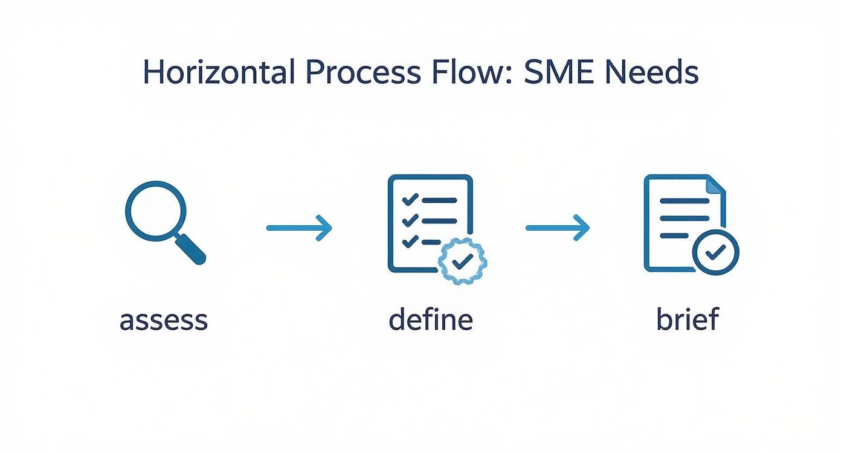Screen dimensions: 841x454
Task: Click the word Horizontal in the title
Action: tap(219, 72)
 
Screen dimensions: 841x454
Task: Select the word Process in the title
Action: tap(363, 72)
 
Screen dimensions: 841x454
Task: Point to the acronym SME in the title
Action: tap(559, 72)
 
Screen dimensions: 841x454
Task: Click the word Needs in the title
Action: tap(652, 72)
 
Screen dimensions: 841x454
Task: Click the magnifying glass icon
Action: tap(165, 223)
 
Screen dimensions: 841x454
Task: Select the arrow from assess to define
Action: tap(299, 228)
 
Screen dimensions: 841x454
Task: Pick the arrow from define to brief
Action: tap(558, 228)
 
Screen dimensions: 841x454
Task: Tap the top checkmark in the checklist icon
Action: tap(410, 199)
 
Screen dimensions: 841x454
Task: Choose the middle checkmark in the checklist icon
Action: tap(410, 220)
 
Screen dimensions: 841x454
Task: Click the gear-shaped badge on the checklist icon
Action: tap(463, 261)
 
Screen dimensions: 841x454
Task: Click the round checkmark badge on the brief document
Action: tap(715, 252)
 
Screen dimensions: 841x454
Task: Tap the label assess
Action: tap(164, 321)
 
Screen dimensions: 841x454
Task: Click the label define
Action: tap(431, 318)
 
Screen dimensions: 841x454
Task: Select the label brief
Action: tap(688, 318)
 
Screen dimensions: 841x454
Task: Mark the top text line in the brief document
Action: tap(685, 200)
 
